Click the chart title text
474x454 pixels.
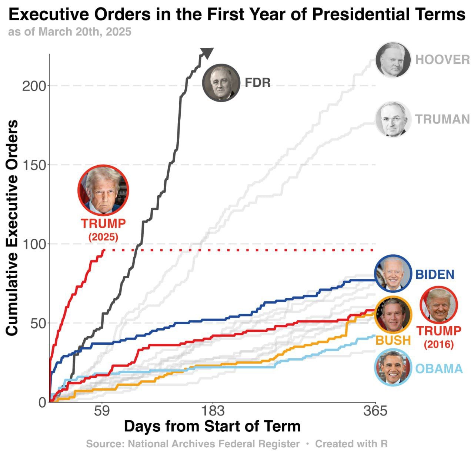[237, 15]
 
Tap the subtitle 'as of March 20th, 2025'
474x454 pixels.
[70, 32]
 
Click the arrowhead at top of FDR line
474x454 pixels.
[207, 53]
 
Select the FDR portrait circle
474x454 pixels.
[221, 83]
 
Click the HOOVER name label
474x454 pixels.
[442, 60]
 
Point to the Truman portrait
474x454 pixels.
[393, 119]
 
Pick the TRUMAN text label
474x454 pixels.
[442, 119]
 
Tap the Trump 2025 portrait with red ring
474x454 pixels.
[103, 190]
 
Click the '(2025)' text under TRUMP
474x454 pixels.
[103, 237]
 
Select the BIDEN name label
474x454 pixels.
[435, 275]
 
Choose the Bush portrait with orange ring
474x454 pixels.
[393, 315]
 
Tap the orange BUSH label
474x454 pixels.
[393, 340]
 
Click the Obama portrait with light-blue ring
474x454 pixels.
[393, 368]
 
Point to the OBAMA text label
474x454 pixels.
[439, 369]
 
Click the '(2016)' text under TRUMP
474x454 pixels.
[439, 344]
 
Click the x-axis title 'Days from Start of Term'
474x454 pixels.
[212, 426]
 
